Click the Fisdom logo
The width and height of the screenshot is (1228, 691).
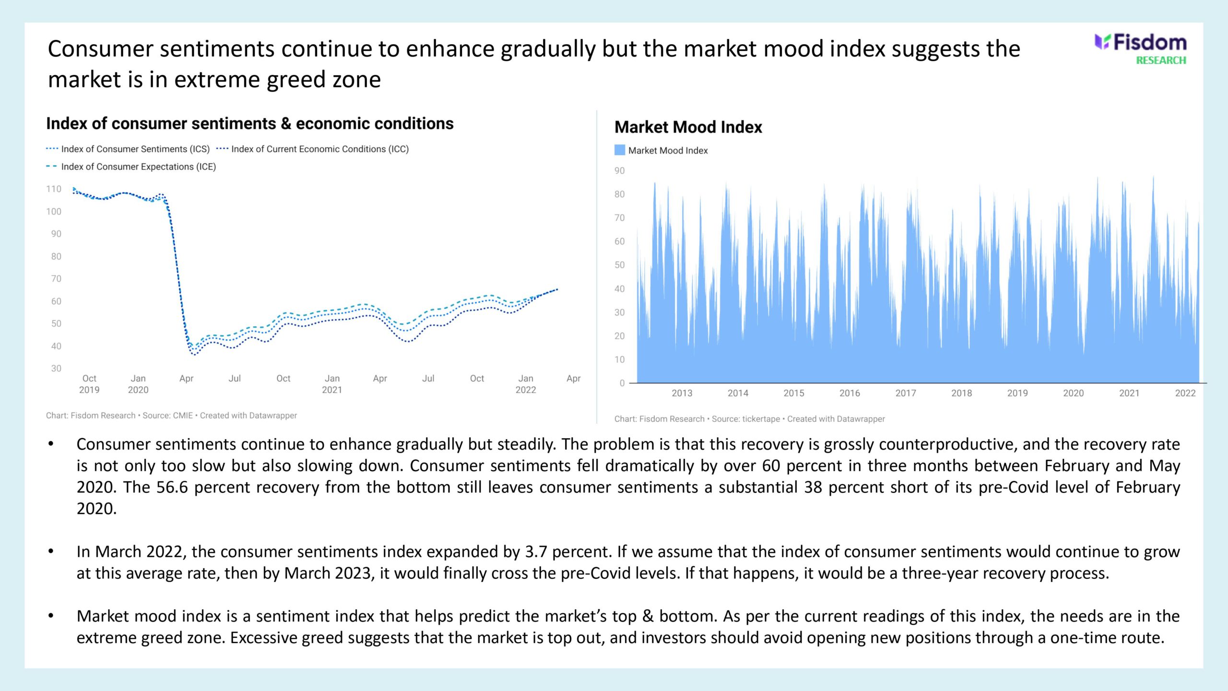pos(1140,43)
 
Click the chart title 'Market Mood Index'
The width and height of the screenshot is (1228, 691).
pos(688,127)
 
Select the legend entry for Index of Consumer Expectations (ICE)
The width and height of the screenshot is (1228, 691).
pos(131,167)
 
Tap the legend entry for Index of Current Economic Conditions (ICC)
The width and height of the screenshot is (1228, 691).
pos(312,149)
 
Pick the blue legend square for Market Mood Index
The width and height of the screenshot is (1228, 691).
pos(620,150)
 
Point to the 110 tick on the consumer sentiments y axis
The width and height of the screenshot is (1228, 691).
pos(54,189)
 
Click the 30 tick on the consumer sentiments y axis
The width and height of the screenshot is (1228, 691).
pos(56,369)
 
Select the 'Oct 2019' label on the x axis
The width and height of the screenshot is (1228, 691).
pos(89,384)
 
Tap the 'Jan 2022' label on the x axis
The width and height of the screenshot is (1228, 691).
pos(526,384)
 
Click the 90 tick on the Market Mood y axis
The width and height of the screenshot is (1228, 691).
pos(620,171)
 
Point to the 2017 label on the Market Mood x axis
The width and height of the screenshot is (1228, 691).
pos(906,393)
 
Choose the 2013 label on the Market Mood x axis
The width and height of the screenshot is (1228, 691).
pos(682,393)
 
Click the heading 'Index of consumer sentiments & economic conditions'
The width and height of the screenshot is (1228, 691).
pos(250,123)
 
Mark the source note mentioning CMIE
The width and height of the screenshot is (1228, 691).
pos(171,416)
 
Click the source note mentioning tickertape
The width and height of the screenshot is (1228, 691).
pos(750,419)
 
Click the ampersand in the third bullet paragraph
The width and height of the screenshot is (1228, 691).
pos(648,616)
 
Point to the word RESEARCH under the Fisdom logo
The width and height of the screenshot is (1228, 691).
pos(1161,60)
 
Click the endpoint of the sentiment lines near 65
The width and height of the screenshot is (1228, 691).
pos(557,289)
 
